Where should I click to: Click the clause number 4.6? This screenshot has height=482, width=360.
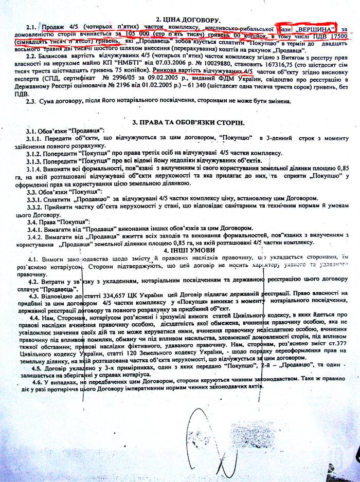37,383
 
